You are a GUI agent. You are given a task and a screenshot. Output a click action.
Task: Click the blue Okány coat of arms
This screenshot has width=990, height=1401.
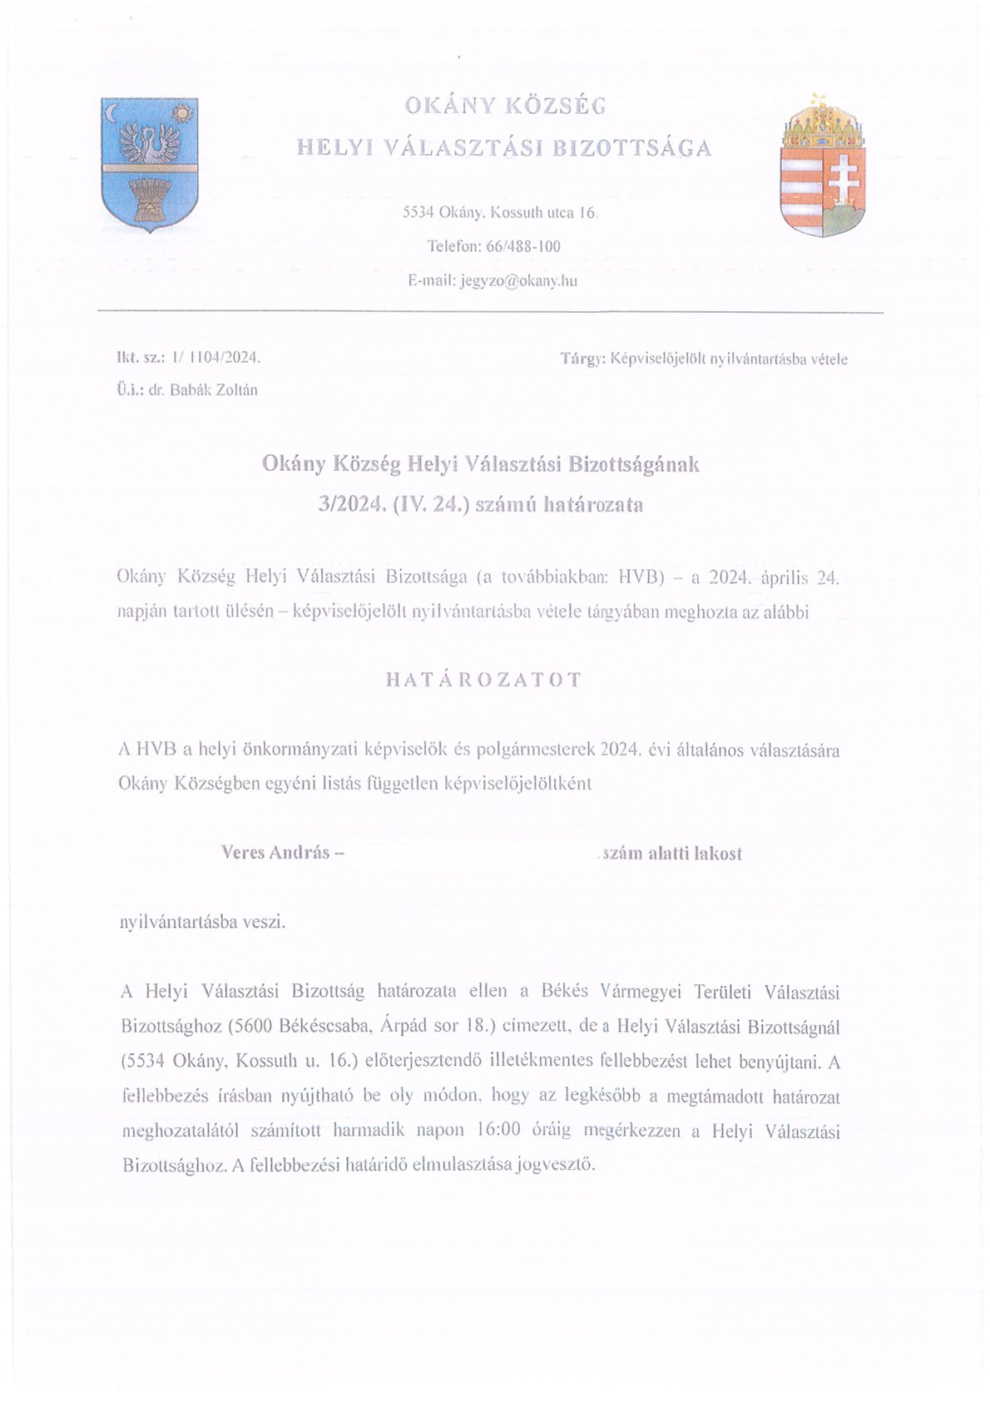pyautogui.click(x=149, y=164)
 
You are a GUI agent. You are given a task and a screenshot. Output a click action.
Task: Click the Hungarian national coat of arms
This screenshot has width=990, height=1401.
pyautogui.click(x=822, y=167)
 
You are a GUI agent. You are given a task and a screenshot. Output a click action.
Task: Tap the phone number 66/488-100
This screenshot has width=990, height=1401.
pyautogui.click(x=517, y=246)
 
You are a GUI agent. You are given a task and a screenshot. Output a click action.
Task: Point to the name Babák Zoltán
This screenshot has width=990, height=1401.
pyautogui.click(x=213, y=389)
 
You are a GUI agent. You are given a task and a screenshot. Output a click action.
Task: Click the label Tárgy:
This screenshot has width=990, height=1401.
pyautogui.click(x=582, y=359)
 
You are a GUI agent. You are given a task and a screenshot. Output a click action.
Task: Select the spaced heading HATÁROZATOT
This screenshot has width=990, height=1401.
pyautogui.click(x=483, y=679)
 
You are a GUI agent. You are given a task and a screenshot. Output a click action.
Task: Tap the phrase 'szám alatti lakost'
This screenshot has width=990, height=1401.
pyautogui.click(x=671, y=854)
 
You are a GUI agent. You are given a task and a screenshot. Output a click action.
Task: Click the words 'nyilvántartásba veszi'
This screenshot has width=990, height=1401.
pyautogui.click(x=203, y=922)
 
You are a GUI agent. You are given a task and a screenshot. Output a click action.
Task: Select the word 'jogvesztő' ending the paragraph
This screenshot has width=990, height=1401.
pyautogui.click(x=557, y=1165)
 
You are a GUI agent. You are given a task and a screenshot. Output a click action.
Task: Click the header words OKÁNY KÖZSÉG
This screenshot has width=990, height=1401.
pyautogui.click(x=505, y=106)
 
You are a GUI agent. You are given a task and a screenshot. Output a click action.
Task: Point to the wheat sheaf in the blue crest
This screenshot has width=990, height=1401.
pyautogui.click(x=150, y=200)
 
